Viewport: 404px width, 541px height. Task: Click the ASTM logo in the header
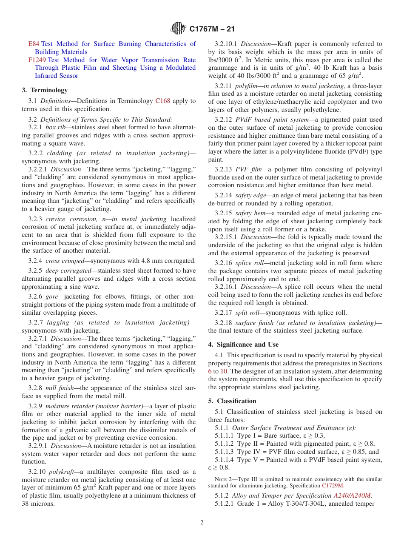178,29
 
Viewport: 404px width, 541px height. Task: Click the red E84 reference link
34,44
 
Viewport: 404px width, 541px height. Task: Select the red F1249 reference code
37,60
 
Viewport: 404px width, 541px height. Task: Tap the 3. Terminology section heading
45,90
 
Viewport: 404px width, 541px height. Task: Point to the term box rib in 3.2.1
55,127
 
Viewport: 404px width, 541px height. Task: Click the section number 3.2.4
35,261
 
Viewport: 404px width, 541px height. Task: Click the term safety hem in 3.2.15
250,213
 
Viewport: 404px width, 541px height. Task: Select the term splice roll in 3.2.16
250,263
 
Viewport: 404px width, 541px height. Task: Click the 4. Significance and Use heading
243,345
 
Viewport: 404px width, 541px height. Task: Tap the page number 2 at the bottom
202,523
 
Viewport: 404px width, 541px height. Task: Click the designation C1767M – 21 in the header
212,29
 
